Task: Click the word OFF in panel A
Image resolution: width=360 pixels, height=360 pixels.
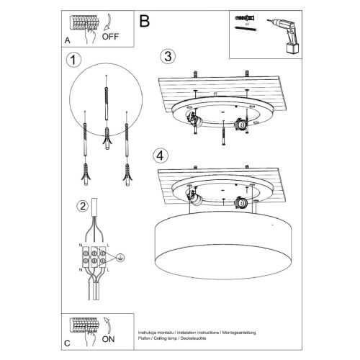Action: coord(110,34)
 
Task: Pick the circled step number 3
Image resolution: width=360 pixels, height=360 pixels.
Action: coord(167,55)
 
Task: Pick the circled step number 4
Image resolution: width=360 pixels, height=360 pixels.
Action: coord(162,153)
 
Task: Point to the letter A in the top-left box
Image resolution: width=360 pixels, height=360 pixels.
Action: coord(68,40)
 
